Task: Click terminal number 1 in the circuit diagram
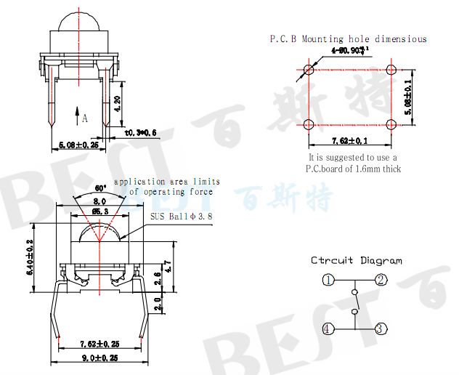pyautogui.click(x=329, y=281)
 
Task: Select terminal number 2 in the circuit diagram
pyautogui.click(x=380, y=281)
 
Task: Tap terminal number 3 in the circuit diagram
pyautogui.click(x=380, y=329)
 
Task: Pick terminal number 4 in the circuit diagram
pyautogui.click(x=329, y=329)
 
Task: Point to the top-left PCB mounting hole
pyautogui.click(x=309, y=70)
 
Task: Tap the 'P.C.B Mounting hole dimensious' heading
pyautogui.click(x=348, y=39)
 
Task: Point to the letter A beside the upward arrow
pyautogui.click(x=85, y=118)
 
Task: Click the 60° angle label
pyautogui.click(x=101, y=188)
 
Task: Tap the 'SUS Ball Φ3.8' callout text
pyautogui.click(x=181, y=217)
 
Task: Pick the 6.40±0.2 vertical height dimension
pyautogui.click(x=31, y=257)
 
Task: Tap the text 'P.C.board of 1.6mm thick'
pyautogui.click(x=353, y=169)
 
